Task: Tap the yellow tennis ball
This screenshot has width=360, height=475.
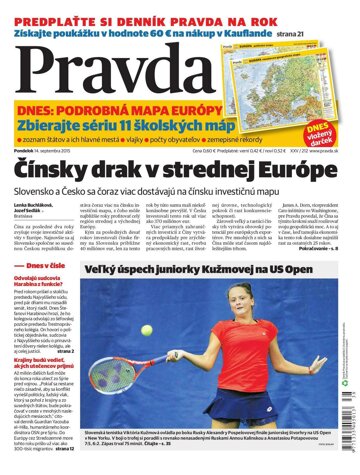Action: pyautogui.click(x=147, y=329)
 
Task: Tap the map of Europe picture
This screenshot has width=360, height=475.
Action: pyautogui.click(x=295, y=67)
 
